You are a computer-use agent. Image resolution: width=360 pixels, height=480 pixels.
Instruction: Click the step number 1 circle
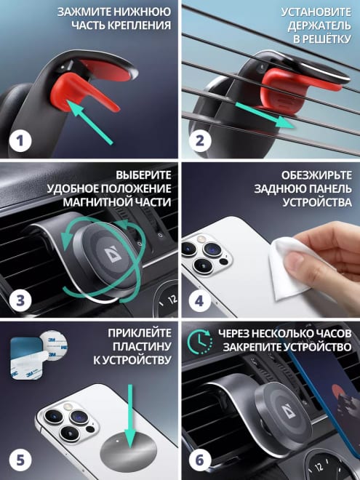(x=20, y=141)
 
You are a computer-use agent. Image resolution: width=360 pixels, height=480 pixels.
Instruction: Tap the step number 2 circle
(x=199, y=141)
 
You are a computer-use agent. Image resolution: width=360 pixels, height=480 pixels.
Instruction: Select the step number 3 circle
(x=20, y=300)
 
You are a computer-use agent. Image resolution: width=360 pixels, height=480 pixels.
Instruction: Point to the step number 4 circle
(x=199, y=300)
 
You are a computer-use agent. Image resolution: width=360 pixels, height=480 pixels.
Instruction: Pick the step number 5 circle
(x=20, y=460)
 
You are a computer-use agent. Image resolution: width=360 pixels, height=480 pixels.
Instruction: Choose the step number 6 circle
(x=199, y=460)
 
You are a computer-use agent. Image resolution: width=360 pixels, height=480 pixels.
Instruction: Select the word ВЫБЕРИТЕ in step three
(x=143, y=175)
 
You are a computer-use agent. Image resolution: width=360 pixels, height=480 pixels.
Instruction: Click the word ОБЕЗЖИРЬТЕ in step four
(x=316, y=175)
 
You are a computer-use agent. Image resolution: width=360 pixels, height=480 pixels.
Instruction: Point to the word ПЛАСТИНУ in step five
(x=142, y=346)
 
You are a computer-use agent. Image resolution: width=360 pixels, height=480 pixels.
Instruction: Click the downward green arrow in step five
(x=130, y=416)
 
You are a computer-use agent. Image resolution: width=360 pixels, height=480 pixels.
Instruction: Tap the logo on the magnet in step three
(x=112, y=255)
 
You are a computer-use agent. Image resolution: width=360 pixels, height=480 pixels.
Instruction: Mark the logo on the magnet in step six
(x=288, y=409)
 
